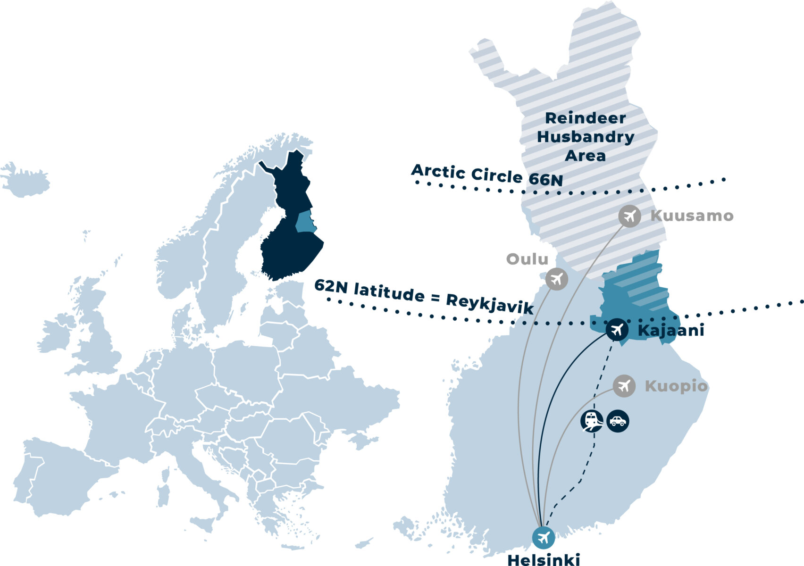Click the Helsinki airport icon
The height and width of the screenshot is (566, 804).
543,537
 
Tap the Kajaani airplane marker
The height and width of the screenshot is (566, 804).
617,330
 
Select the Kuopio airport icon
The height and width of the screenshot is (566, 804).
624,386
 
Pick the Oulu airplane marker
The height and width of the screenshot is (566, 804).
557,279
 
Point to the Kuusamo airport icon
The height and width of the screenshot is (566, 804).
629,216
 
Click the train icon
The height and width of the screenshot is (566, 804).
592,420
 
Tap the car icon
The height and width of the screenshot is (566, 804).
618,421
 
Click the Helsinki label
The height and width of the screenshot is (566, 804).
543,559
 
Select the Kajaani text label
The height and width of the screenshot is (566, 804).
670,330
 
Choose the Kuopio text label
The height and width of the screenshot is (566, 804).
676,386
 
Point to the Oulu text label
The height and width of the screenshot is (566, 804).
527,259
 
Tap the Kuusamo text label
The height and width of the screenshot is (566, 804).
692,216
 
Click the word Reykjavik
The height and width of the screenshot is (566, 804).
489,304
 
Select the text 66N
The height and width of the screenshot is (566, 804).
545,180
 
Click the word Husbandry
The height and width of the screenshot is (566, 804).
586,137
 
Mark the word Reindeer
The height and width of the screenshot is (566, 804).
586,118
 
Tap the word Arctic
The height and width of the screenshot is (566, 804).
438,171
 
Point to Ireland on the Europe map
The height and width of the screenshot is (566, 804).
56,335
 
